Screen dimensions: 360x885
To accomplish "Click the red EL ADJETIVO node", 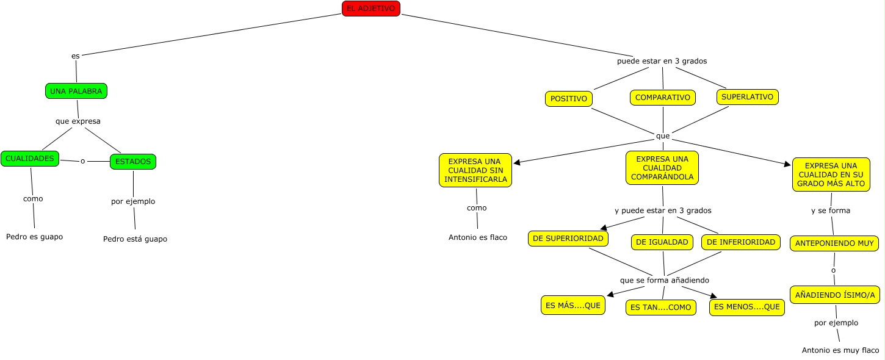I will coord(370,9).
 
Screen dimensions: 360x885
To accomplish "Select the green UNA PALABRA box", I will coord(76,91).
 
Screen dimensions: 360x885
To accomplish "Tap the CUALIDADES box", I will coord(30,159).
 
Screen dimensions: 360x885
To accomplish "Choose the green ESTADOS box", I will coord(133,162).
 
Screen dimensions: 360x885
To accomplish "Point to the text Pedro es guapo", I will coord(34,236).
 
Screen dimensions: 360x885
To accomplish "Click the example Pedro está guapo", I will coord(135,239).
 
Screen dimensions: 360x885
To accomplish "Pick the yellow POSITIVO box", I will coord(569,99).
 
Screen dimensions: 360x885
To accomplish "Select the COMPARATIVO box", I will coord(663,98).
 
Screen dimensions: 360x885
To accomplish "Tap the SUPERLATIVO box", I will coord(747,97).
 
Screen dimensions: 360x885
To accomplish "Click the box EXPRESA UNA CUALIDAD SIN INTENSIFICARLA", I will coord(475,170).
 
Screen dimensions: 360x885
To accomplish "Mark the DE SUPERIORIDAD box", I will coord(568,239).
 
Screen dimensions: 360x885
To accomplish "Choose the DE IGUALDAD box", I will coord(662,242).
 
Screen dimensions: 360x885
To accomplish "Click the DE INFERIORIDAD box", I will coord(741,242).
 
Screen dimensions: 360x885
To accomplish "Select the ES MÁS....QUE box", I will coord(573,305).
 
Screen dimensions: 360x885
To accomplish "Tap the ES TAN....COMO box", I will coord(661,308).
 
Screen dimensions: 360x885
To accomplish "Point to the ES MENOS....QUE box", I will coord(747,307).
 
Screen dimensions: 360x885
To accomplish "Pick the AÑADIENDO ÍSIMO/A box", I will coord(835,295).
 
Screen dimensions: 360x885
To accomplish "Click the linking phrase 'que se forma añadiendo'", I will coord(665,280).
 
